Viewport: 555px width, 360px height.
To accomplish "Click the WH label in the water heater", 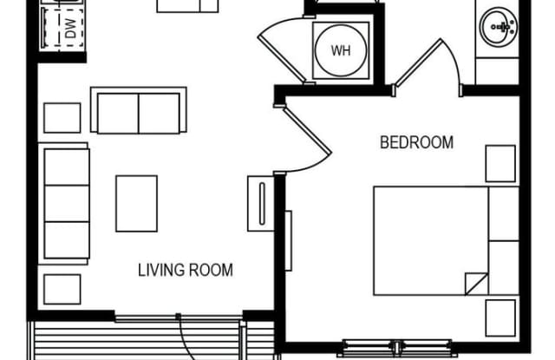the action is point(341,50).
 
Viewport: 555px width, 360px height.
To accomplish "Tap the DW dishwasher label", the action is point(71,29).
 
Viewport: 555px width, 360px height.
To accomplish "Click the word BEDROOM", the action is point(416,142).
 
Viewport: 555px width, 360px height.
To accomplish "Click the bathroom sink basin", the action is point(499,27).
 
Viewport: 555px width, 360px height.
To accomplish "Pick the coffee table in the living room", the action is point(137,204).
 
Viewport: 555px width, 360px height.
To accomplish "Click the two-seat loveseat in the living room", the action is point(139,110).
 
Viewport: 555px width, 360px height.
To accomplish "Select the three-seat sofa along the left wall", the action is point(64,204).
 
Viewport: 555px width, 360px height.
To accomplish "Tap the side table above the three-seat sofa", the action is point(62,118).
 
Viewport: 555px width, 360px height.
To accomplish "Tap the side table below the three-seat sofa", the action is point(62,289).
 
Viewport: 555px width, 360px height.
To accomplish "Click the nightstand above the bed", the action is point(500,164).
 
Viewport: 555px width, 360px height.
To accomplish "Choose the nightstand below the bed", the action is point(500,317).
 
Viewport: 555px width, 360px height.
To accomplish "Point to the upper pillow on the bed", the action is point(504,213).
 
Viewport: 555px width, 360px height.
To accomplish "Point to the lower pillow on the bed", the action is point(504,268).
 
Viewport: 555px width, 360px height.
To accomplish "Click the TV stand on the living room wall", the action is point(261,204).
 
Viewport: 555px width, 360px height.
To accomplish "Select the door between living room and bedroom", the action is point(307,130).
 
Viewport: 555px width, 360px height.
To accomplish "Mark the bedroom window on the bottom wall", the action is point(397,348).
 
